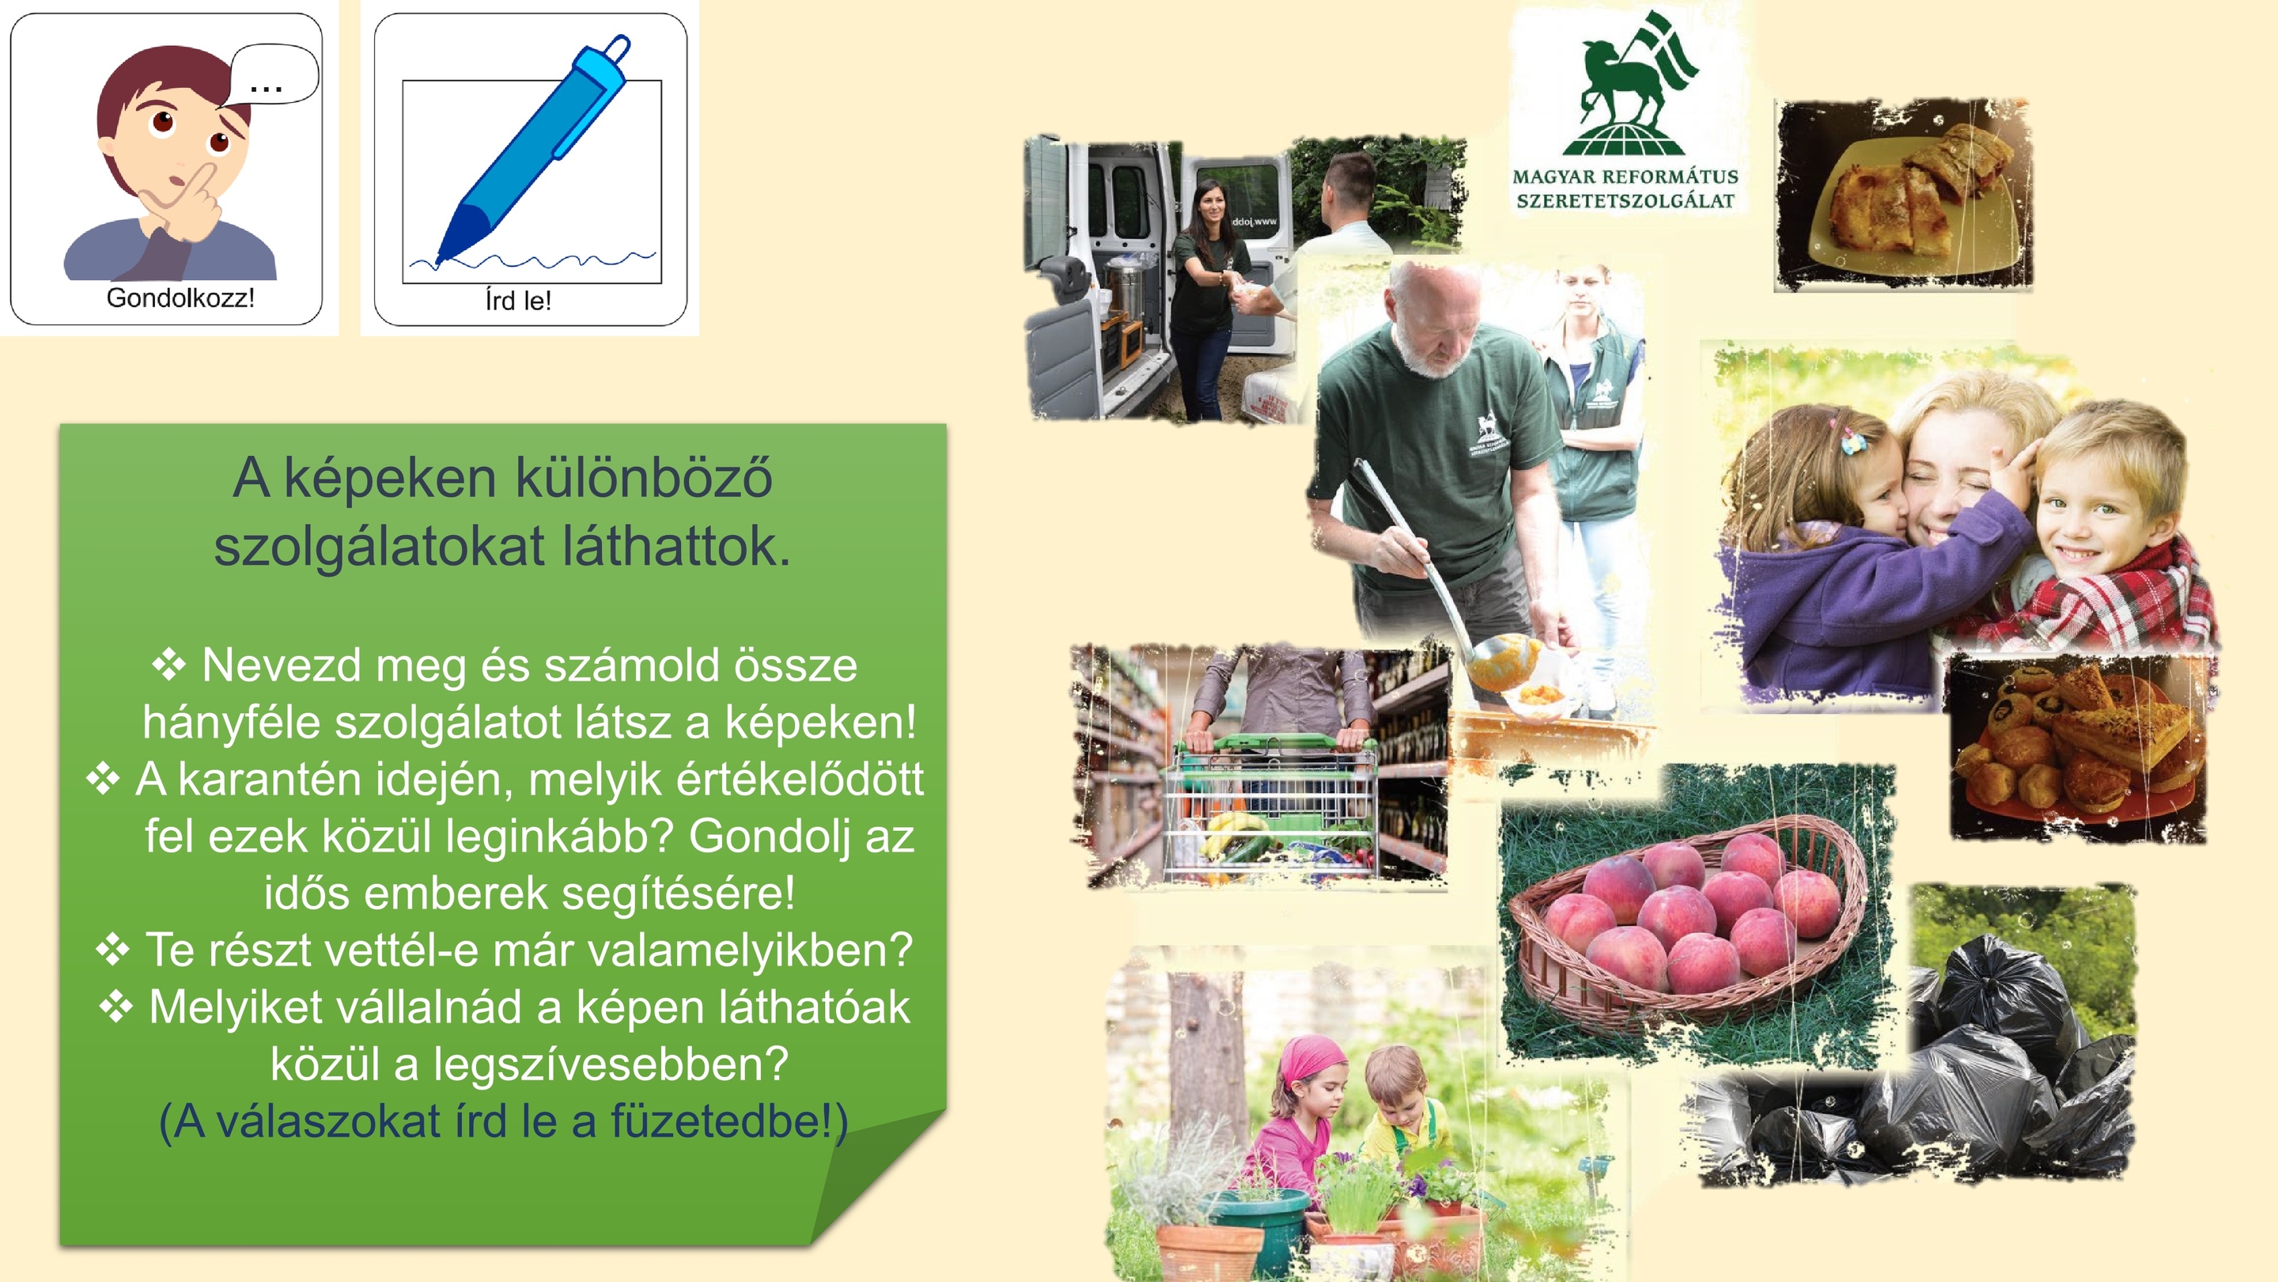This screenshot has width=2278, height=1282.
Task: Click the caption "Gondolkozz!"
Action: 180,298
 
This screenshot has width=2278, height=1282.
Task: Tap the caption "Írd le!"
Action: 518,301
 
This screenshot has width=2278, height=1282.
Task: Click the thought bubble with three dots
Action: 272,75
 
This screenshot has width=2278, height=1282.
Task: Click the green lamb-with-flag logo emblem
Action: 1627,84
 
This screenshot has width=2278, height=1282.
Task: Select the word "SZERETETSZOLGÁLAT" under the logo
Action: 1625,201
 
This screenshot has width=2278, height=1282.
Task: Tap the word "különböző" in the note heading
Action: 643,478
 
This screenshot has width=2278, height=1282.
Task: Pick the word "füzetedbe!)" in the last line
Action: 729,1122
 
